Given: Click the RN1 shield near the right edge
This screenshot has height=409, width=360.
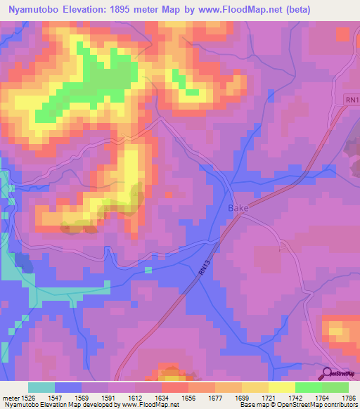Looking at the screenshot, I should click(x=351, y=102).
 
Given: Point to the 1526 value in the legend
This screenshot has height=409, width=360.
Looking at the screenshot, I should click(x=29, y=397).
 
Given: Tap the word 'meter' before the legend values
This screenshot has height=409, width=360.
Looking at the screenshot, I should click(x=10, y=397).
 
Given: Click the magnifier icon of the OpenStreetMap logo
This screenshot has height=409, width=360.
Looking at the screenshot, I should click(x=326, y=374).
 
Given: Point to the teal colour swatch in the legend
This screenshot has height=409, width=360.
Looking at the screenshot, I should click(x=41, y=387).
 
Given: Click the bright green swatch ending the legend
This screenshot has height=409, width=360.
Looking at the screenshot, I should click(x=335, y=387).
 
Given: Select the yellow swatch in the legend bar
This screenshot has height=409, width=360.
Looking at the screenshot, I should click(x=282, y=387).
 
